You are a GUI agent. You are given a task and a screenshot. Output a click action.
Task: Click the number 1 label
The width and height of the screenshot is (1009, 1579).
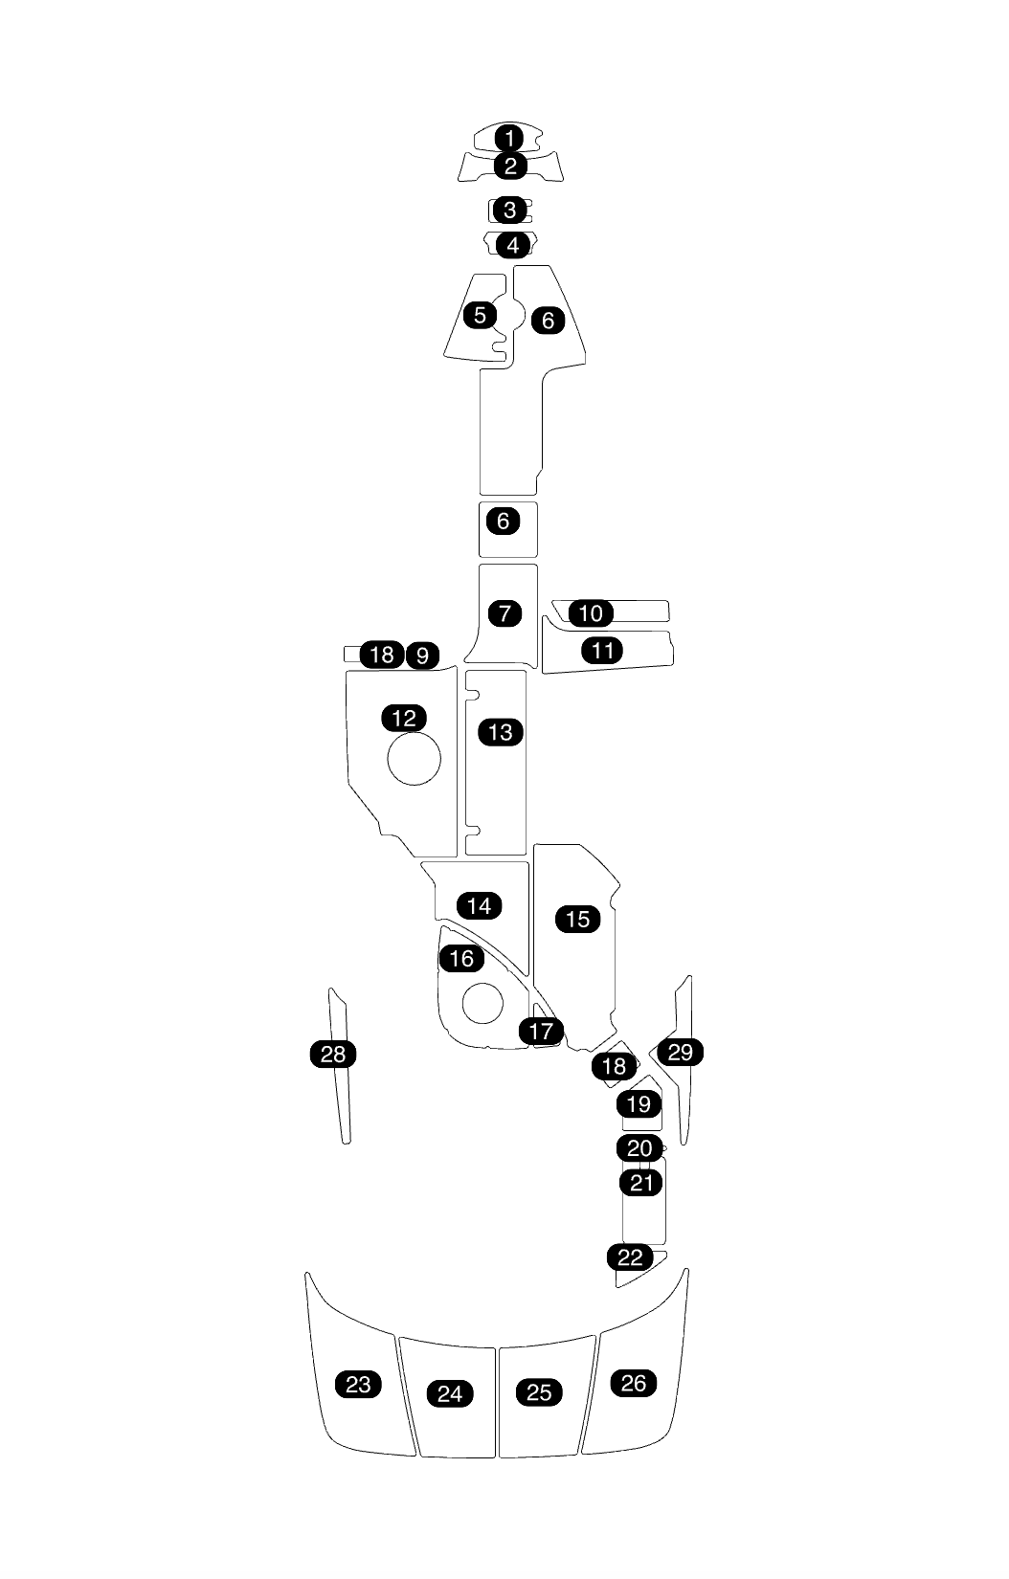point(510,138)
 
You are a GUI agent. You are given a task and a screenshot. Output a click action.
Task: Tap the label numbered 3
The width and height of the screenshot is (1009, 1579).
point(510,209)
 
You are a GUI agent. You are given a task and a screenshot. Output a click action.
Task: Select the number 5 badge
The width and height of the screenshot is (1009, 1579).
point(481,314)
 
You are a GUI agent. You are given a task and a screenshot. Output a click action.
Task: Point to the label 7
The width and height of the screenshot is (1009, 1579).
point(505,612)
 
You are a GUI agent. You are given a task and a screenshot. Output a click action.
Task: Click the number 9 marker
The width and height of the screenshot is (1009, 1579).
point(422,656)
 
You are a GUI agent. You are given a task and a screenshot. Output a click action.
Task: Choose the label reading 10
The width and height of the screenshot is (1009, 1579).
point(592,612)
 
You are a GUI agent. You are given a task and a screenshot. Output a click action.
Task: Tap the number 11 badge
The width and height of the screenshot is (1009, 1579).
point(603,651)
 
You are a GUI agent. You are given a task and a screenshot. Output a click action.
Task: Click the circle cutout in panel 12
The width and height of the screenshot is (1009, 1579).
point(414,759)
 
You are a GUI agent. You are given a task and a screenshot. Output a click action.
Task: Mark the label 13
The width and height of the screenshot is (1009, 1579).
point(501,732)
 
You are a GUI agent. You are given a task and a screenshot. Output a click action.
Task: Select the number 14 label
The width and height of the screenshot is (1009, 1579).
point(480,905)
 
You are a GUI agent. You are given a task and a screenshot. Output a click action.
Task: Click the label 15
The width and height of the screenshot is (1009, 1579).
point(578,919)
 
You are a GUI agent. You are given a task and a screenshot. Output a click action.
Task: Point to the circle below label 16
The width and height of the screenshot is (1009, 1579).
point(482,1002)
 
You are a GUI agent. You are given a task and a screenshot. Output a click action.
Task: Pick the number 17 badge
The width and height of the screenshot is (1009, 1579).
point(541,1031)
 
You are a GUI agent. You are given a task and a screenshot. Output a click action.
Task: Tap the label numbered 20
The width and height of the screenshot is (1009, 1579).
point(639,1147)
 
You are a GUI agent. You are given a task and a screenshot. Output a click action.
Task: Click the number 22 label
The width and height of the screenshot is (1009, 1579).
point(630,1257)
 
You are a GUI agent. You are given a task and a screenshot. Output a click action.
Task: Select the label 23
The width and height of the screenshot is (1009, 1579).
point(358,1384)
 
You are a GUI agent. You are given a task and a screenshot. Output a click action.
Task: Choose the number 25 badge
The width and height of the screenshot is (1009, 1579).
point(540,1392)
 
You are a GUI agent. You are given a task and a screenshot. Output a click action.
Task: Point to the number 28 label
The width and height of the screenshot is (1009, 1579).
point(333,1055)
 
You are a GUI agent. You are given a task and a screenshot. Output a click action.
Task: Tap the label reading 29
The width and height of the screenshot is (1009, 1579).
point(680,1053)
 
